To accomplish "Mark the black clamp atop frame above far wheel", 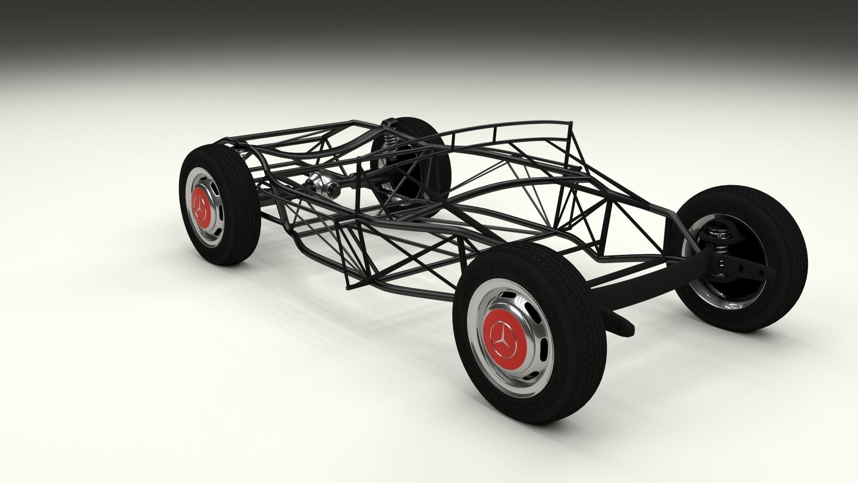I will click(389, 122).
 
